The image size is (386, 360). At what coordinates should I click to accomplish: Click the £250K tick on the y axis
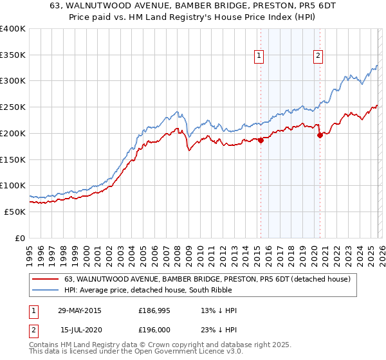[x=13, y=107]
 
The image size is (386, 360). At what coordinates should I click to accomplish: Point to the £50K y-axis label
[x=15, y=212]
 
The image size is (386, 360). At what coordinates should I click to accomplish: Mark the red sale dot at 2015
[x=261, y=140]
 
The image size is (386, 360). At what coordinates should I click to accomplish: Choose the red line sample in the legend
[x=46, y=279]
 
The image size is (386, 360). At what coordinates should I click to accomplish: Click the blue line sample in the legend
[x=46, y=290]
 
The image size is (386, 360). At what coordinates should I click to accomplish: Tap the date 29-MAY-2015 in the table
[x=79, y=310]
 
